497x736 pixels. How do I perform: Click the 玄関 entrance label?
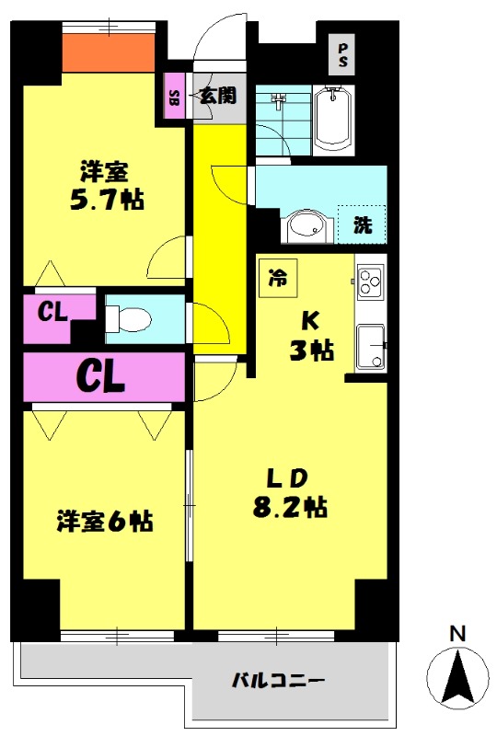tap(216, 96)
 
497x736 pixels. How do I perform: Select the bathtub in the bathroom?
tap(331, 117)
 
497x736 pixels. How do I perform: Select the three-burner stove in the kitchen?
tap(370, 282)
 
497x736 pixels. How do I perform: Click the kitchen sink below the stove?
tap(371, 348)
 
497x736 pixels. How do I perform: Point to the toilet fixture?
tap(128, 318)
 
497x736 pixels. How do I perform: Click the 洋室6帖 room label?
tap(104, 522)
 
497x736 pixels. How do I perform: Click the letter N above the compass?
tap(457, 633)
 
